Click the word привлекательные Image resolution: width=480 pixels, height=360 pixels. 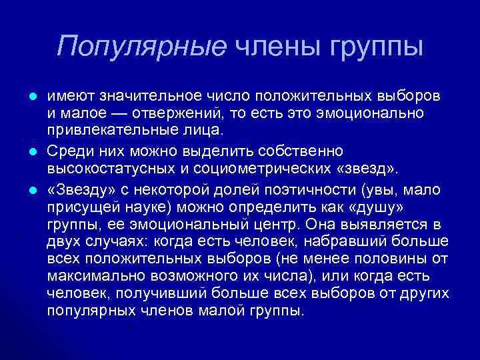[x=101, y=129]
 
